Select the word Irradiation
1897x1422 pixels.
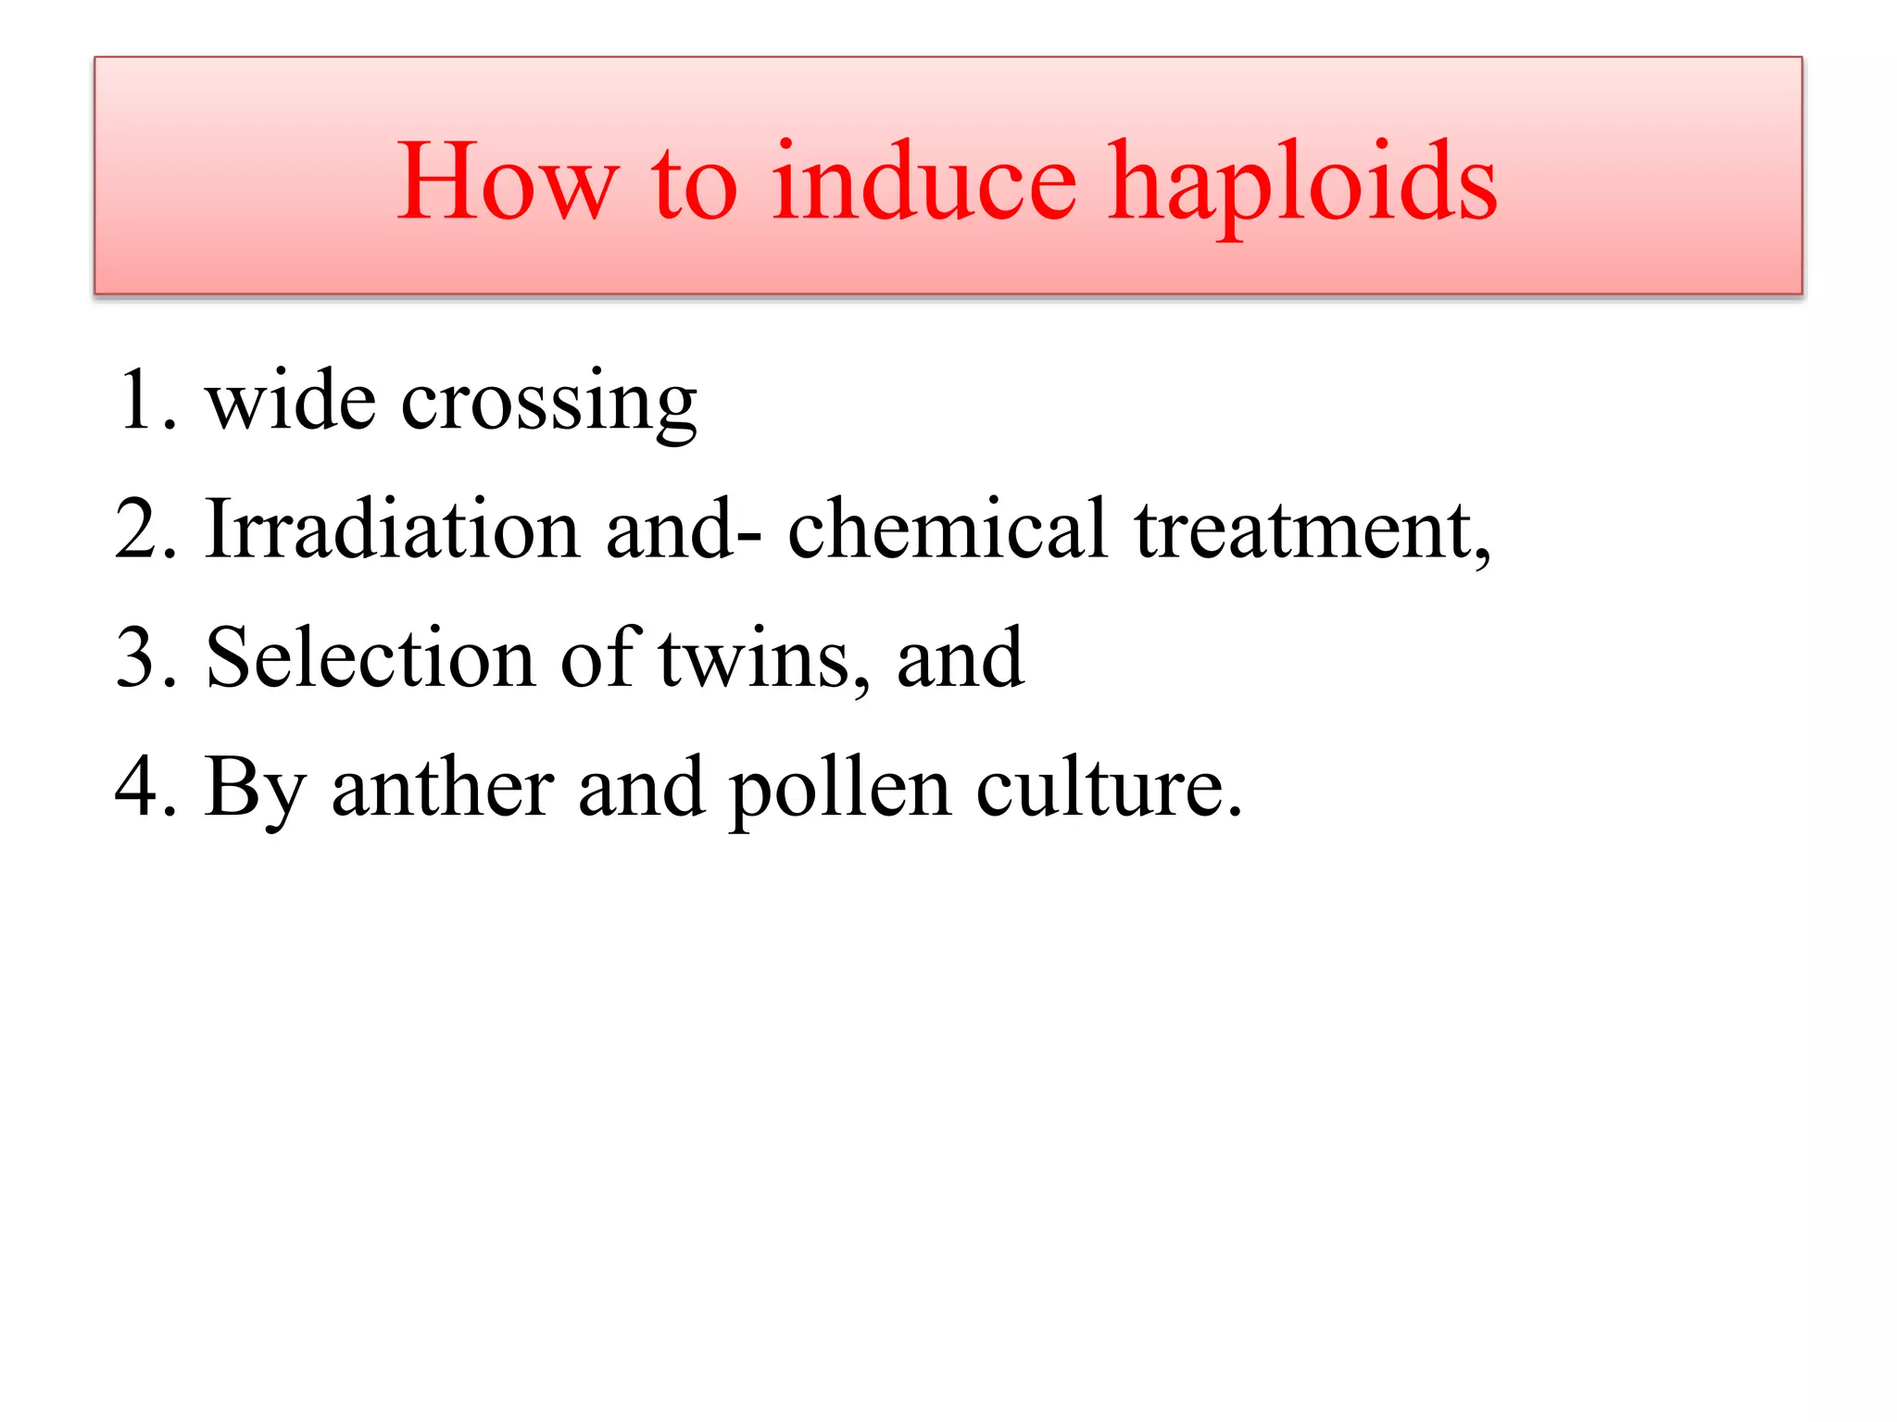393,530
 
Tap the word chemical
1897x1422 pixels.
947,530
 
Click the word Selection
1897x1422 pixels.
370,658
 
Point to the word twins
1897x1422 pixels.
760,660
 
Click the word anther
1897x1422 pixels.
443,787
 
